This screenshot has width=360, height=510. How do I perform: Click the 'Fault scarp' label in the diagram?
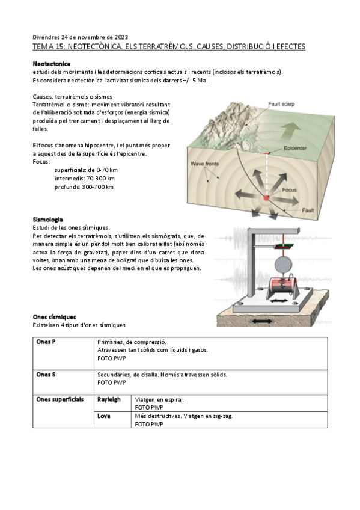point(281,104)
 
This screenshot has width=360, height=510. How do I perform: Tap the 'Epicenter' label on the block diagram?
point(295,149)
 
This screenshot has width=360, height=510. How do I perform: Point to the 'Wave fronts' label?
point(204,164)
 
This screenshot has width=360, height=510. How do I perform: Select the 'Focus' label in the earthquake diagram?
point(289,189)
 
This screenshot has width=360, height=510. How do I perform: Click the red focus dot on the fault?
point(266,198)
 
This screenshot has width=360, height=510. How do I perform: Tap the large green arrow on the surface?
point(291,132)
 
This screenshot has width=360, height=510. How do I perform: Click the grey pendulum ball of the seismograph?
point(283,265)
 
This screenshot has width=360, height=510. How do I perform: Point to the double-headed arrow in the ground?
point(263,321)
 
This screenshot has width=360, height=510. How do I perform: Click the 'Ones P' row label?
point(46,342)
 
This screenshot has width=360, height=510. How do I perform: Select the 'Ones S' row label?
point(46,375)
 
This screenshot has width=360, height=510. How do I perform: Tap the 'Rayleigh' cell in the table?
point(109,399)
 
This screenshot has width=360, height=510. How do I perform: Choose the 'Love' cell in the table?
point(103,416)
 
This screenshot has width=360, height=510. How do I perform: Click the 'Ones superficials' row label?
point(59,399)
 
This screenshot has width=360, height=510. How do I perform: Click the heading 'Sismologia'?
point(47,220)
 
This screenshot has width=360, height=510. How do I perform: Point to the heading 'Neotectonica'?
point(51,64)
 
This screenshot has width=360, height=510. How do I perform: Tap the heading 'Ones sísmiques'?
point(54,317)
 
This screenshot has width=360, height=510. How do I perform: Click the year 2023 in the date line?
point(121,37)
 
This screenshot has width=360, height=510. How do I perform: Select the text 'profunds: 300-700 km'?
point(84,187)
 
